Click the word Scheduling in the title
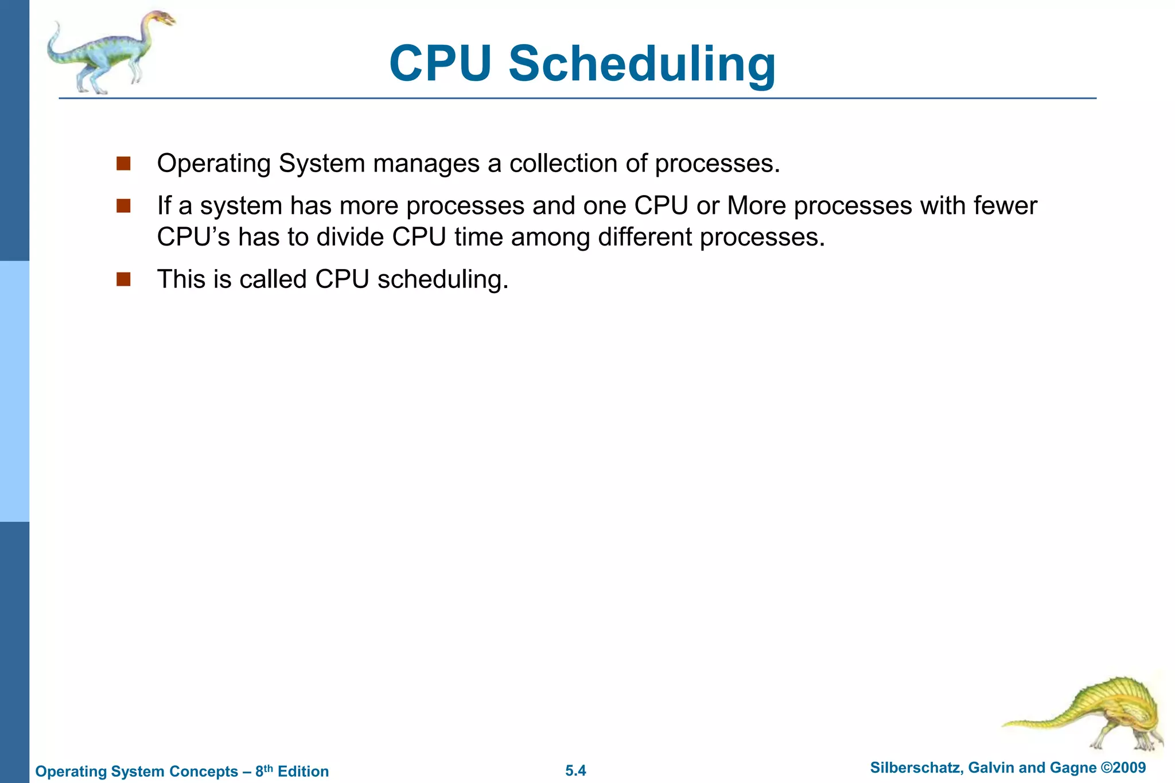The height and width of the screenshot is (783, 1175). (642, 64)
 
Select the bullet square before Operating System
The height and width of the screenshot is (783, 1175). (123, 164)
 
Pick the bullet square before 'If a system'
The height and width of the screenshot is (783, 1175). (123, 206)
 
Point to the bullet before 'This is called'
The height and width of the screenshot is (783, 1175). (123, 280)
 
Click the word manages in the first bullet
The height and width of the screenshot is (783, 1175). (426, 164)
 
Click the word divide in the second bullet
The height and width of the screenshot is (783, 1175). (349, 237)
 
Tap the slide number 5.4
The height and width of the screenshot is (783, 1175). (575, 770)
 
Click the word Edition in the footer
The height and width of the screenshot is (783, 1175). (303, 772)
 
